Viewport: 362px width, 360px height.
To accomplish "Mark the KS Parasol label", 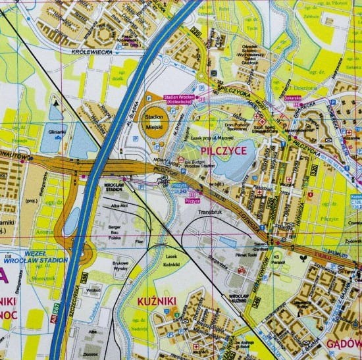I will (x=280, y=255).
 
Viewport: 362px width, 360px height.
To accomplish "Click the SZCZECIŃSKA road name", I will (x=84, y=287).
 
